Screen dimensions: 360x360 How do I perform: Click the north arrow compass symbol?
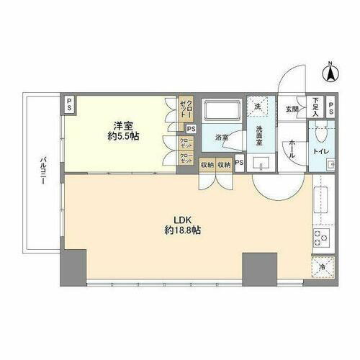[x=330, y=73]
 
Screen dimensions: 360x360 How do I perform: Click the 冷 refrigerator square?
[x=321, y=268]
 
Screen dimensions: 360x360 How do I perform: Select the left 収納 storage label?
[x=207, y=165]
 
